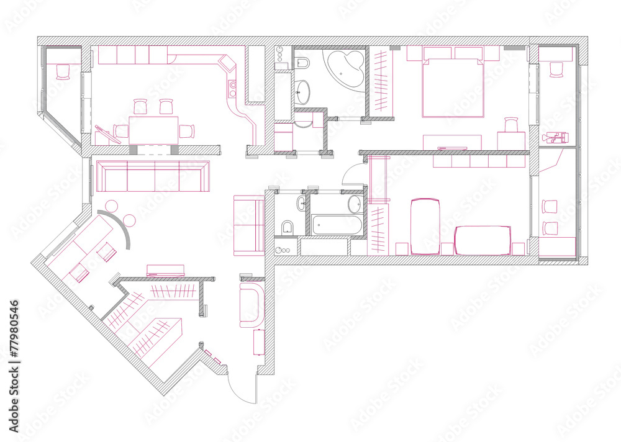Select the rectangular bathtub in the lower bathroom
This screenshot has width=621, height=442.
(x=337, y=225)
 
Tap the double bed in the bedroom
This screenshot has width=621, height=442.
(x=453, y=88)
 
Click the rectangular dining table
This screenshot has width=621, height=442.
(x=153, y=130)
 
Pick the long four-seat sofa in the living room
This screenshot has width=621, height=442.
(x=153, y=176)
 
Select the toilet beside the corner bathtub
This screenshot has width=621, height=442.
(x=302, y=63)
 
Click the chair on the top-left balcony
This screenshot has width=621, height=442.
(x=63, y=72)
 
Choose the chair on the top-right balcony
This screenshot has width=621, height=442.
(x=556, y=70)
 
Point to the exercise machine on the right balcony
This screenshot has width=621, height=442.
(x=555, y=137)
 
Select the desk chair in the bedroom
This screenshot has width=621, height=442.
(x=511, y=124)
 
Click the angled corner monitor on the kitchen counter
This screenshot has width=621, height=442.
(x=227, y=64)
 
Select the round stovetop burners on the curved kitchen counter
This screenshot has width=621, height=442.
(x=232, y=89)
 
